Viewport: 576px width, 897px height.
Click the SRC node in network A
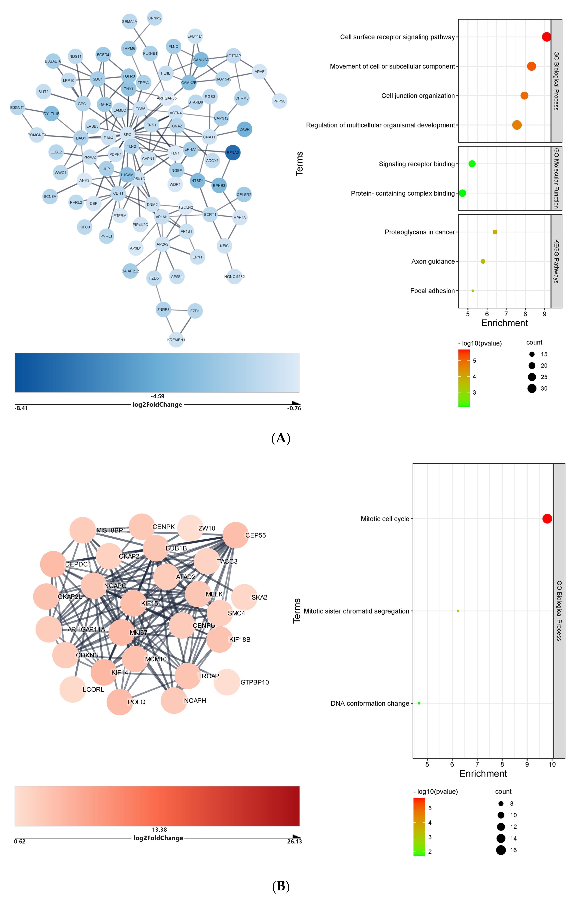pyautogui.click(x=127, y=135)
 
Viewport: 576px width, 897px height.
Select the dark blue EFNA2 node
pyautogui.click(x=233, y=153)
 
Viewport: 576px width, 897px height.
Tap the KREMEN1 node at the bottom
pyautogui.click(x=176, y=340)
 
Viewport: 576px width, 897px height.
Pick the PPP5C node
pyautogui.click(x=279, y=101)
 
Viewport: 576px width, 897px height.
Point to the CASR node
pyautogui.click(x=244, y=130)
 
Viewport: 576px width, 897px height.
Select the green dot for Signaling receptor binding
pyautogui.click(x=472, y=164)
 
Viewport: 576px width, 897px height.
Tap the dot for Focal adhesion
pyautogui.click(x=473, y=291)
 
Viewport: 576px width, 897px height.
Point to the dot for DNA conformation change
pyautogui.click(x=419, y=703)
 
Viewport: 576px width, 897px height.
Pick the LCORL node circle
pyautogui.click(x=73, y=689)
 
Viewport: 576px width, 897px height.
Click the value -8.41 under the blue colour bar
pyautogui.click(x=21, y=408)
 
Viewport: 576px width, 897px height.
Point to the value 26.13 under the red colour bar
pyautogui.click(x=294, y=842)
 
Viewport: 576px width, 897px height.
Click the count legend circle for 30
pyautogui.click(x=532, y=389)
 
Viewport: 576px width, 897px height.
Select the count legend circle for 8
pyautogui.click(x=501, y=803)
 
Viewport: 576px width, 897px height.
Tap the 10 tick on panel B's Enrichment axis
pyautogui.click(x=552, y=764)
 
